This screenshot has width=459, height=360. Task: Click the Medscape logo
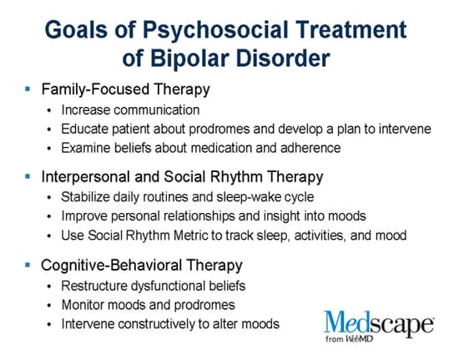click(x=379, y=326)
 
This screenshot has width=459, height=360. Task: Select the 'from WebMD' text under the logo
click(x=349, y=338)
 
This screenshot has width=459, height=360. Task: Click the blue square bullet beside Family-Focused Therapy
click(x=28, y=89)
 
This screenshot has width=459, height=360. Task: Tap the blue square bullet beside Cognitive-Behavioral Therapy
click(x=28, y=265)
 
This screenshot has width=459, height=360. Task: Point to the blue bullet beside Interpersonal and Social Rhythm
click(x=28, y=176)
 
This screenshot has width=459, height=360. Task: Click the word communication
click(x=157, y=110)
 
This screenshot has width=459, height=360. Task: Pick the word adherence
click(x=310, y=148)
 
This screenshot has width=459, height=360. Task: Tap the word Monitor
click(x=83, y=305)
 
